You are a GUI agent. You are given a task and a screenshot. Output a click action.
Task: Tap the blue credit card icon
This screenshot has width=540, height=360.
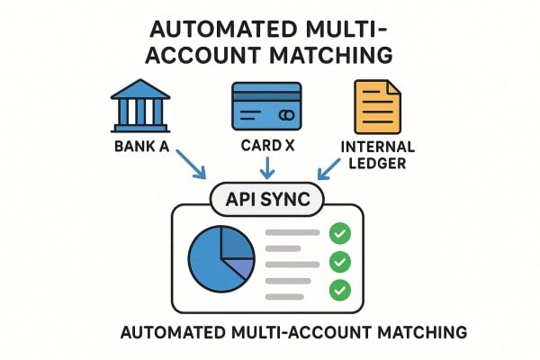point(265,107)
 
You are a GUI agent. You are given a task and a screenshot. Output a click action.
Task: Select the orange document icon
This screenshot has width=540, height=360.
point(377,108)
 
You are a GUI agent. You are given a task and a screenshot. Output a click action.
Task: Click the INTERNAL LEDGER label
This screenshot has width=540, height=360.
point(377,156)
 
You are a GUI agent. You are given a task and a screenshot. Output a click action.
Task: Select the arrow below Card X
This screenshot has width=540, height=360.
point(265,167)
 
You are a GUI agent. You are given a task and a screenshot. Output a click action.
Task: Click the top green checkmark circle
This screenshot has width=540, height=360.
point(339,234)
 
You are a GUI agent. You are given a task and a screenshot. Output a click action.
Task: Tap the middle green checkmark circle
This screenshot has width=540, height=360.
point(339,262)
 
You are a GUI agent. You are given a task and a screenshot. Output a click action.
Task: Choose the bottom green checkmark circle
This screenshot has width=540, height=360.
point(339,290)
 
